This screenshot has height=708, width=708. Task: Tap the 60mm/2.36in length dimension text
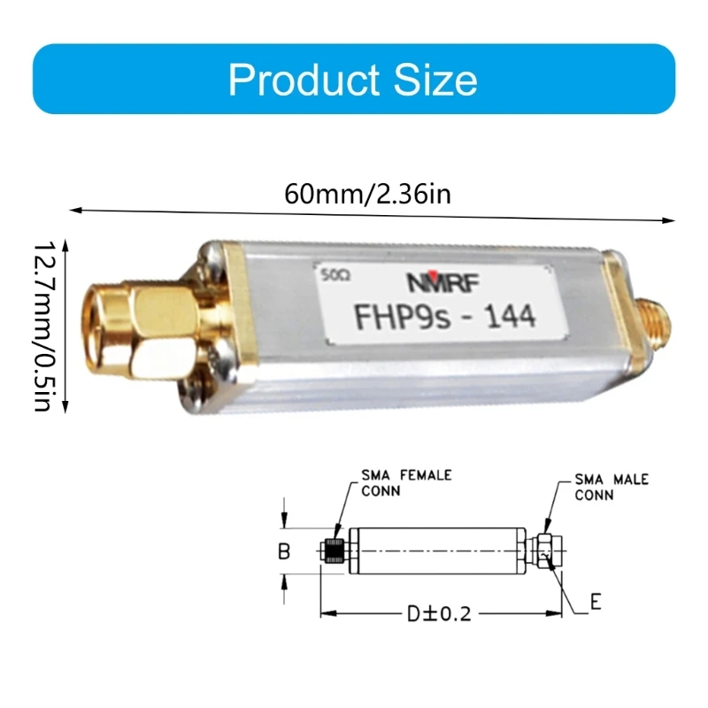click(x=367, y=193)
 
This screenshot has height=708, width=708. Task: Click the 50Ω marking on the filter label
click(x=337, y=274)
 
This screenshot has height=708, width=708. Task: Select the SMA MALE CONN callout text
click(x=611, y=487)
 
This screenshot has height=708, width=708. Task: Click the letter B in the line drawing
click(x=284, y=551)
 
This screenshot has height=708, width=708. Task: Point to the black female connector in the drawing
click(x=334, y=550)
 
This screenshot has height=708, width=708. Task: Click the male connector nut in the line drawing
click(x=547, y=550)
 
